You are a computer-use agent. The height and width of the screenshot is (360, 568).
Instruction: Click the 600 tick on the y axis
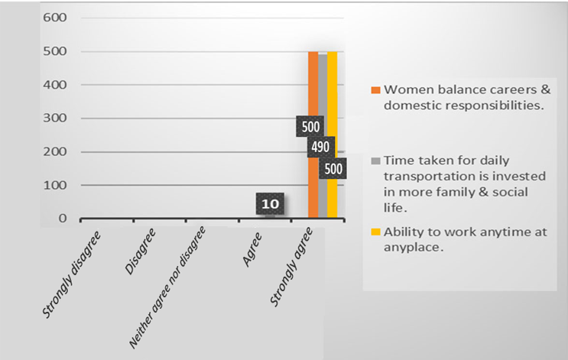(56, 18)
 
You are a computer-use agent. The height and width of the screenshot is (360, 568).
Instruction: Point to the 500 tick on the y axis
(56, 52)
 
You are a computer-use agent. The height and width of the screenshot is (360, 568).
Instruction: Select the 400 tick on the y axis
(56, 86)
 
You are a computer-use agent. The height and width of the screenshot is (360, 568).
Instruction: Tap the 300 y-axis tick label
(56, 118)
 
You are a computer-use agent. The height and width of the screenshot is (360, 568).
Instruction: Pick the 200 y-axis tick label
(56, 152)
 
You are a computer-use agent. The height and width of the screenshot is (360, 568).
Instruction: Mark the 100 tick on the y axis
(56, 186)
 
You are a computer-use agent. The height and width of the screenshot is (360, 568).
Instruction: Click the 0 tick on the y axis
(63, 219)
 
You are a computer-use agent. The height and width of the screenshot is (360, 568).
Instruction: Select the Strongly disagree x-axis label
(71, 268)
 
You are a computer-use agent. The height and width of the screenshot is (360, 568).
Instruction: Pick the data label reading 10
(270, 205)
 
